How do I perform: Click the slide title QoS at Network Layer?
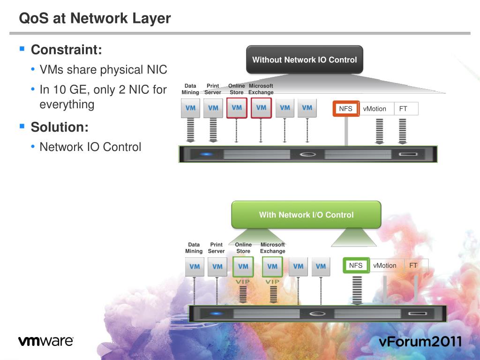click(95, 19)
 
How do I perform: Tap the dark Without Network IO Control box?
click(304, 60)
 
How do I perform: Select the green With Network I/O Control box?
click(306, 215)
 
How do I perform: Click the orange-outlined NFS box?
click(346, 109)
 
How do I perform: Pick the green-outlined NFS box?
click(356, 265)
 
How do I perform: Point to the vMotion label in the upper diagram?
click(375, 109)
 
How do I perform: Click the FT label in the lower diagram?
click(413, 265)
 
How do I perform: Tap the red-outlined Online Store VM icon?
click(237, 108)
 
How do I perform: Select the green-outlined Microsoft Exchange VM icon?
click(272, 266)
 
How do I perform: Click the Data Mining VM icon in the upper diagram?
click(190, 108)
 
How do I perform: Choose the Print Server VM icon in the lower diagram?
click(217, 267)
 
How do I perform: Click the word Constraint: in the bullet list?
click(66, 50)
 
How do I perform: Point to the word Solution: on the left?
click(60, 127)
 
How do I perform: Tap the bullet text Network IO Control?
click(90, 147)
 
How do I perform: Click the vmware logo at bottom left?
click(46, 341)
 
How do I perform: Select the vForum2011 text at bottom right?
click(420, 341)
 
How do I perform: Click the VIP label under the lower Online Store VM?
click(243, 282)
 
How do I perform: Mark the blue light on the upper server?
click(207, 154)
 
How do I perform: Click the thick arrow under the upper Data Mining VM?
click(190, 130)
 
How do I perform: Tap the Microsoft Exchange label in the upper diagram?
click(261, 89)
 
